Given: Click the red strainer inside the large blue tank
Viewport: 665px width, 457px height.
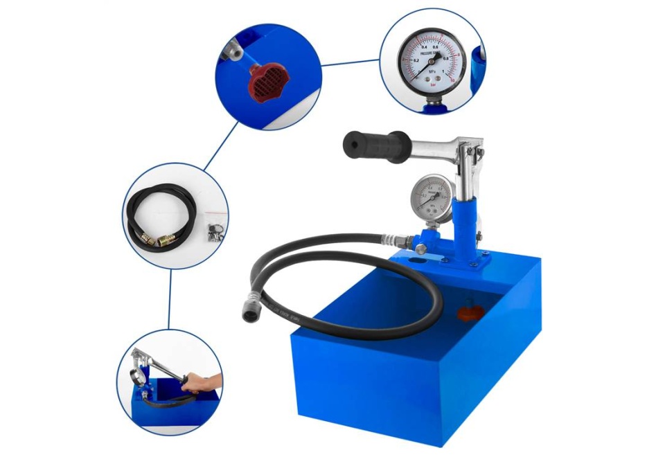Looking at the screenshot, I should pos(470,312).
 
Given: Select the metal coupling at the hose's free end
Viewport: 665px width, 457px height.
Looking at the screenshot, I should pos(251,310).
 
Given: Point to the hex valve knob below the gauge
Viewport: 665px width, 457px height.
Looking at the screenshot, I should pos(420,248).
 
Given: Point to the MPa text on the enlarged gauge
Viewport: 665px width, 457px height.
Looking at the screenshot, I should pos(432,71).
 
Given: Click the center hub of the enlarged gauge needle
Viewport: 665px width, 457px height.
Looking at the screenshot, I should pos(431,61).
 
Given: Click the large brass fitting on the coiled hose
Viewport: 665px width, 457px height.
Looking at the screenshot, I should pos(167,240).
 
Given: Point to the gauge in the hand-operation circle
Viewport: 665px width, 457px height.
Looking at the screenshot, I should pos(139,377).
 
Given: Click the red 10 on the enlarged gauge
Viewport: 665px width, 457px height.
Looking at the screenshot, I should pos(452,78).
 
